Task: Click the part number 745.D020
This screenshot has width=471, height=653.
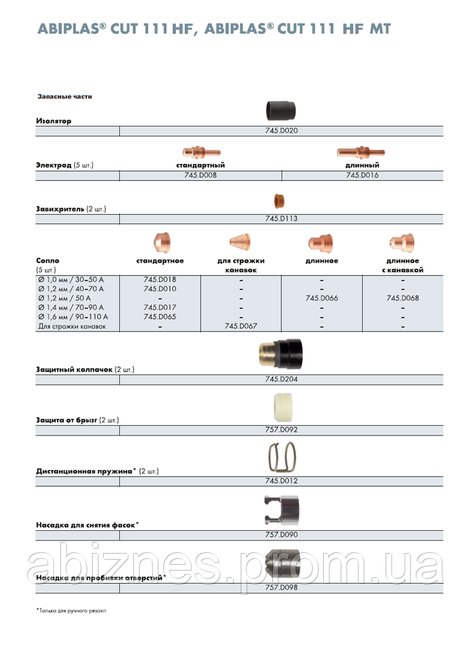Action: pyautogui.click(x=281, y=130)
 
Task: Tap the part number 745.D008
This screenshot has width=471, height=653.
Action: pyautogui.click(x=199, y=176)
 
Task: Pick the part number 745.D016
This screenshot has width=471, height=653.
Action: pyautogui.click(x=362, y=176)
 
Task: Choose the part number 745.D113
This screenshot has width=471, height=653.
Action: pyautogui.click(x=281, y=218)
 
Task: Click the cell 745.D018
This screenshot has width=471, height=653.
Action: pyautogui.click(x=160, y=279)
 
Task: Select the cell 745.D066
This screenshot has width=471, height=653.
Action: pyautogui.click(x=322, y=299)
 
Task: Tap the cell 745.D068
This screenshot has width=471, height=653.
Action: pyautogui.click(x=403, y=299)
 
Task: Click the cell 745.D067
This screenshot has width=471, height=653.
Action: pyautogui.click(x=241, y=326)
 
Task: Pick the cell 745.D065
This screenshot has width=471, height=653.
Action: pyautogui.click(x=160, y=316)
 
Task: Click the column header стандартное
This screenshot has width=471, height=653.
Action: pyautogui.click(x=160, y=261)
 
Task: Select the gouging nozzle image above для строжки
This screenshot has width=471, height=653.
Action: pyautogui.click(x=241, y=242)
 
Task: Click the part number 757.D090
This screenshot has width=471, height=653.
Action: pyautogui.click(x=281, y=535)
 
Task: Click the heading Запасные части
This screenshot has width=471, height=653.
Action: pyautogui.click(x=65, y=96)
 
